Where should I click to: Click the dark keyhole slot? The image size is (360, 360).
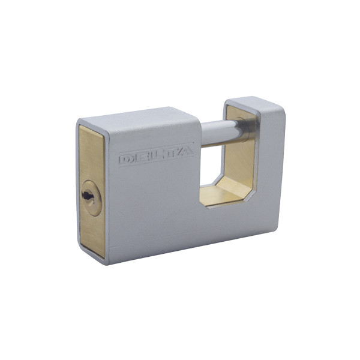87,196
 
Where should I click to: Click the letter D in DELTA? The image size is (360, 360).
126,160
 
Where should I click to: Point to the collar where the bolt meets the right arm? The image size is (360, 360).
246,129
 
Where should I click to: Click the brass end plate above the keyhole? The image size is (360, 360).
91,152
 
